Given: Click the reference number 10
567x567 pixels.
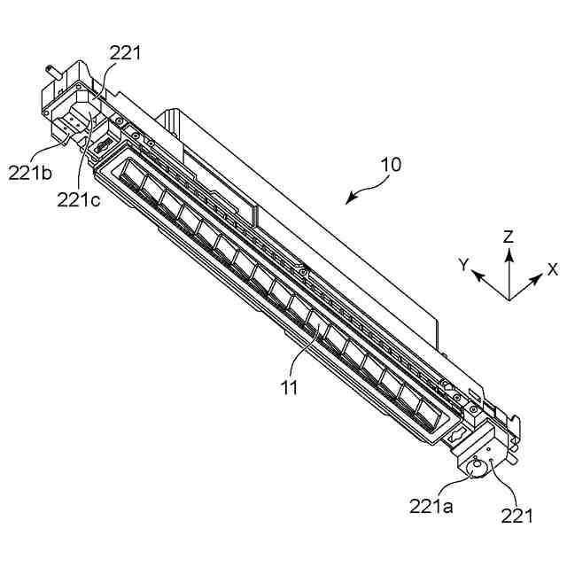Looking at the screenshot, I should (391, 165).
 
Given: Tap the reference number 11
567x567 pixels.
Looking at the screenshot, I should (289, 387).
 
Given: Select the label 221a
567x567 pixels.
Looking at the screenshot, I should (431, 507).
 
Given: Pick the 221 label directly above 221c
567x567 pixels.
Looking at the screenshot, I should (125, 54).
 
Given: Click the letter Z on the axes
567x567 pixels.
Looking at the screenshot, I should (509, 237).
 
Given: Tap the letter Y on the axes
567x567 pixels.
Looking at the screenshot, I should (462, 265).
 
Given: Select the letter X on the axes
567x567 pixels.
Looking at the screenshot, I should (553, 269).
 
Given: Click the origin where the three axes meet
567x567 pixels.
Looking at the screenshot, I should (509, 299).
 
